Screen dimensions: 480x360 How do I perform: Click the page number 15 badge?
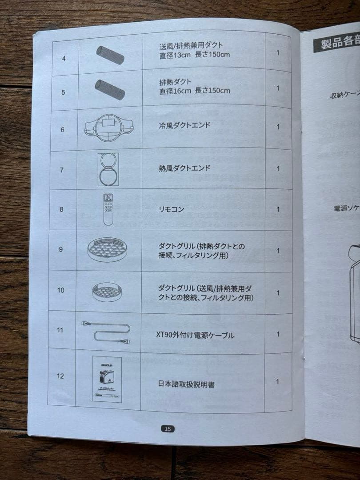point(167,429)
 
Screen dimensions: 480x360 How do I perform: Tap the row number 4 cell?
point(64,58)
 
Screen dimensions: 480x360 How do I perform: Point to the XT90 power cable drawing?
point(107,332)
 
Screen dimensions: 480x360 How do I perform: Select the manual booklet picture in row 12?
point(107,379)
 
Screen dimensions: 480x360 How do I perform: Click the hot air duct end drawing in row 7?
point(108,169)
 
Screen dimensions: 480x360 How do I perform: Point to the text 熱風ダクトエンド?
point(184,168)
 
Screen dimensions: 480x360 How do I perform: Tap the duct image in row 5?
point(109,90)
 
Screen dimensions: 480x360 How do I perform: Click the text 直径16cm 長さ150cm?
point(195,91)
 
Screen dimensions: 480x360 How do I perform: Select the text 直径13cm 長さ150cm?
point(195,55)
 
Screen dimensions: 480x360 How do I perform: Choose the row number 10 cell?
point(61,290)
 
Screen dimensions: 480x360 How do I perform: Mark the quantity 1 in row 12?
point(278,381)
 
